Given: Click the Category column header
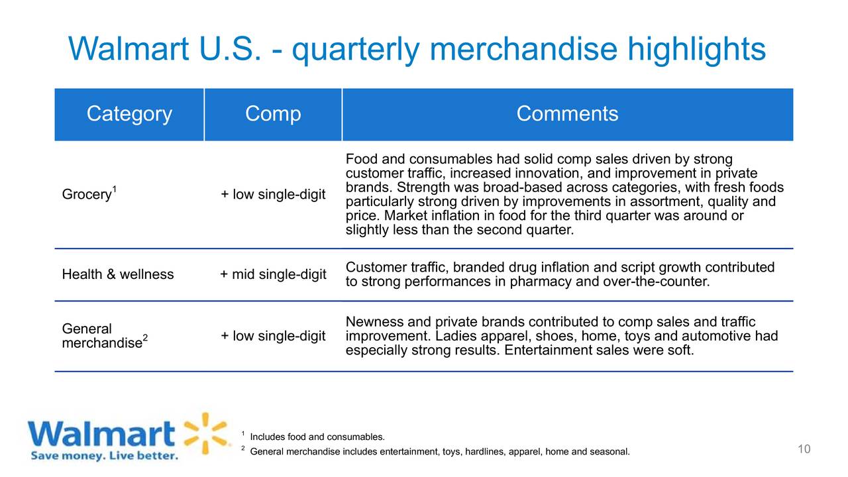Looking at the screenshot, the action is click(x=129, y=113).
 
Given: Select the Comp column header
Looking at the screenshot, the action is click(x=273, y=113).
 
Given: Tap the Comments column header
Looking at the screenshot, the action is click(x=567, y=113).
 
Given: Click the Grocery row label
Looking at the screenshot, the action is click(x=89, y=194).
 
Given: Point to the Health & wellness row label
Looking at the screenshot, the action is click(x=118, y=274).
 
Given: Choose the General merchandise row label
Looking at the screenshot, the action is click(x=105, y=336).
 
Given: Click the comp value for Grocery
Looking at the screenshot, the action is click(x=273, y=194).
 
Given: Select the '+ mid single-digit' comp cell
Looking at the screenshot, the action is click(x=273, y=274).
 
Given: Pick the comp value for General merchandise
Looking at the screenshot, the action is click(x=273, y=336).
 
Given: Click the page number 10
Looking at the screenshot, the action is click(x=804, y=449).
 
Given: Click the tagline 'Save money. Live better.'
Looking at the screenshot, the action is click(x=105, y=455).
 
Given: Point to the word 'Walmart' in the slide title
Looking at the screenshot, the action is click(x=129, y=49).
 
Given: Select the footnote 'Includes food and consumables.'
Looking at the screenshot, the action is click(x=317, y=437).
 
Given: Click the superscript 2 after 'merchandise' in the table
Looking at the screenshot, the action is click(x=145, y=337).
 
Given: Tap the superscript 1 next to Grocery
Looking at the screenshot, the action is click(x=115, y=189).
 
